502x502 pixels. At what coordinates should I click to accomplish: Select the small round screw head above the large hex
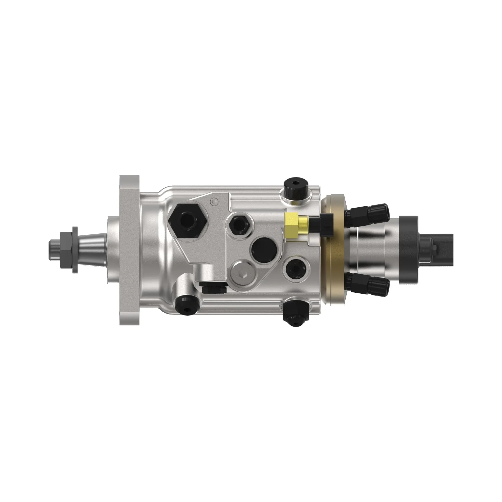pos(214,201)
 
